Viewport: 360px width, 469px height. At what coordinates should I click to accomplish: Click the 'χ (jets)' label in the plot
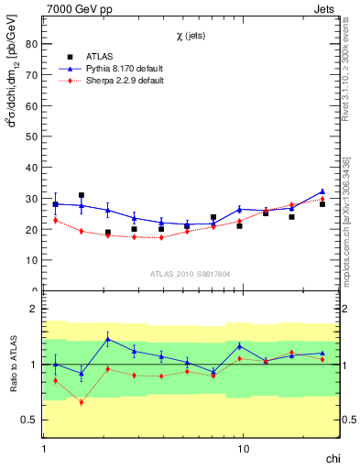(x=190, y=35)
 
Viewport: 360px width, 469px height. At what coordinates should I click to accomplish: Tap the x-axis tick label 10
(x=243, y=450)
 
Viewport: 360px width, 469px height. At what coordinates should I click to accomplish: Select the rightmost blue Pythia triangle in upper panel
(x=322, y=191)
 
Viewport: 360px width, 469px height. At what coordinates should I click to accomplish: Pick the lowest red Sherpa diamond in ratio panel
(x=82, y=402)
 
